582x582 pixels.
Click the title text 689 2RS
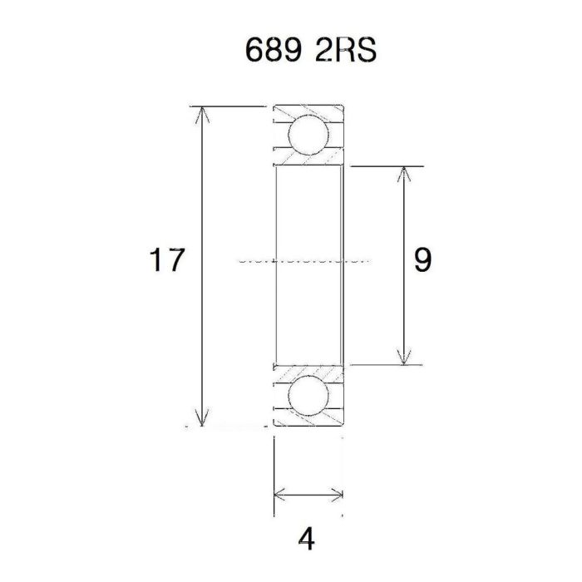pyautogui.click(x=311, y=52)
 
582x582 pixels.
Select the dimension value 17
pyautogui.click(x=166, y=261)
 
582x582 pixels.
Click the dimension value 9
pyautogui.click(x=422, y=261)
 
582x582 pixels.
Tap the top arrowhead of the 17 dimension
pyautogui.click(x=200, y=114)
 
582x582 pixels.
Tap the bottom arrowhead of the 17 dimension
pyautogui.click(x=200, y=419)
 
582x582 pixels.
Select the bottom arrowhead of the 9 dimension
pyautogui.click(x=404, y=357)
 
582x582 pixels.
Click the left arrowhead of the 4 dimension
pyautogui.click(x=280, y=496)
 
